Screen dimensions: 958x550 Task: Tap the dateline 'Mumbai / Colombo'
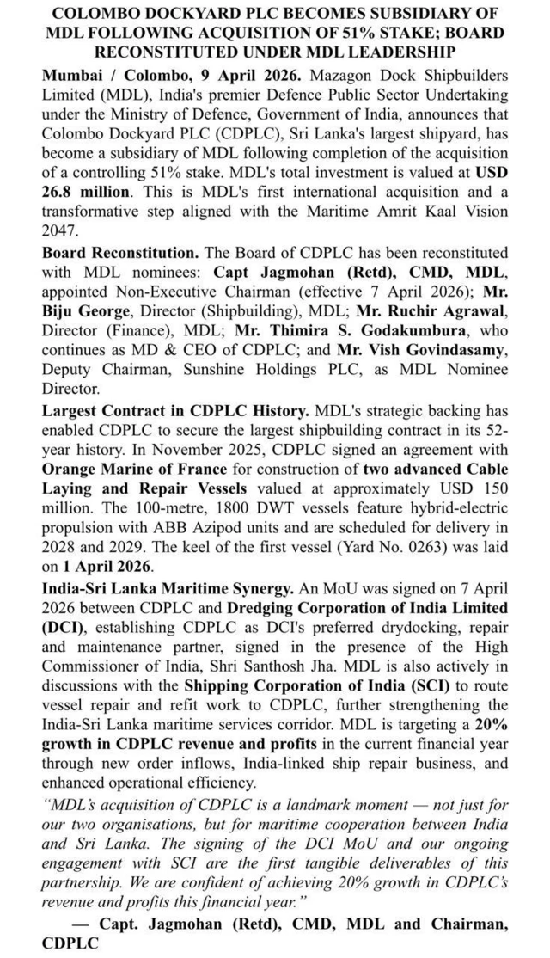coord(104,76)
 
